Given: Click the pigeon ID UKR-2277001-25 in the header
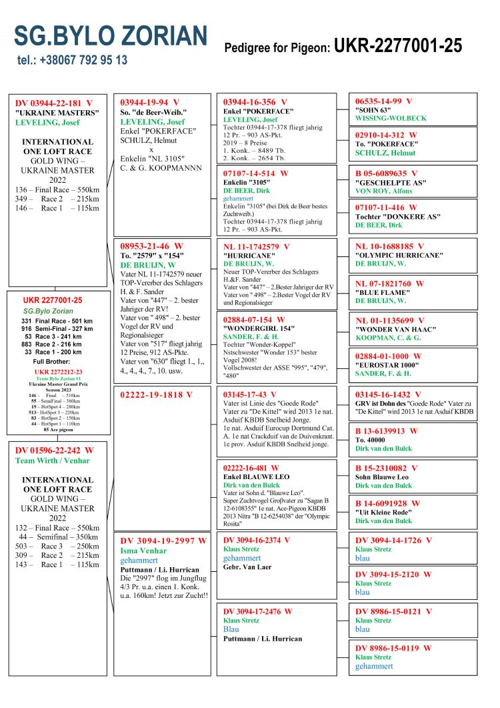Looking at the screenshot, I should [x=398, y=45].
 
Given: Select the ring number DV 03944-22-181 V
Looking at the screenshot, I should [x=54, y=103].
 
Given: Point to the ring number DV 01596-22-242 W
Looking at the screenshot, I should [x=55, y=450].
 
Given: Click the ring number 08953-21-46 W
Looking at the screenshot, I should [x=151, y=246].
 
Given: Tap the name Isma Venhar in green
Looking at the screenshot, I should [x=143, y=551].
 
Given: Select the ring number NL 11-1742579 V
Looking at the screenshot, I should [x=257, y=246].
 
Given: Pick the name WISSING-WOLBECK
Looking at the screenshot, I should [x=391, y=118].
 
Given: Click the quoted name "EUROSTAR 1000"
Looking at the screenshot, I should [x=387, y=366].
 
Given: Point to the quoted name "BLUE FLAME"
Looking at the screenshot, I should [x=378, y=293].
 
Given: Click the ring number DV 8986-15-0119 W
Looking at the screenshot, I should [x=393, y=647].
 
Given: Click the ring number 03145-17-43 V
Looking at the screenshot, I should [x=250, y=394].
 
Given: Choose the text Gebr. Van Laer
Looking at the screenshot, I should [x=248, y=567].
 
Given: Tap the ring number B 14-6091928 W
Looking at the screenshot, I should [x=387, y=503].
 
